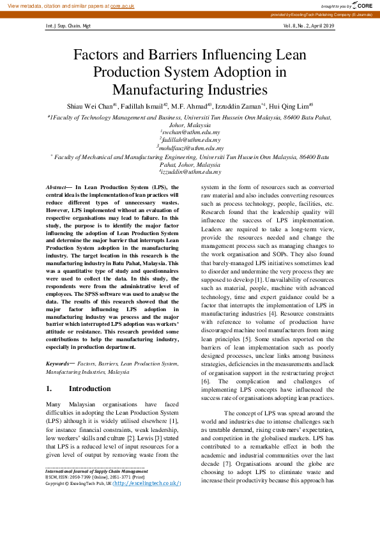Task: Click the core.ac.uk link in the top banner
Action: pyautogui.click(x=122, y=5)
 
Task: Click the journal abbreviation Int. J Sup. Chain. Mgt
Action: pyautogui.click(x=68, y=26)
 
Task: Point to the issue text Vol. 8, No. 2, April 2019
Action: pyautogui.click(x=308, y=26)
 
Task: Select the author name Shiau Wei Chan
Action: pyautogui.click(x=89, y=106)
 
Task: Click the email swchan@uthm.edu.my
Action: pyautogui.click(x=190, y=132)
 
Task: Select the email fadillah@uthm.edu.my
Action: pyautogui.click(x=190, y=139)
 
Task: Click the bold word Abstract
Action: pyautogui.click(x=56, y=186)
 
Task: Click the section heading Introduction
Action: pyautogui.click(x=89, y=388)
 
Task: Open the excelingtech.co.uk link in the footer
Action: pyautogui.click(x=147, y=484)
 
